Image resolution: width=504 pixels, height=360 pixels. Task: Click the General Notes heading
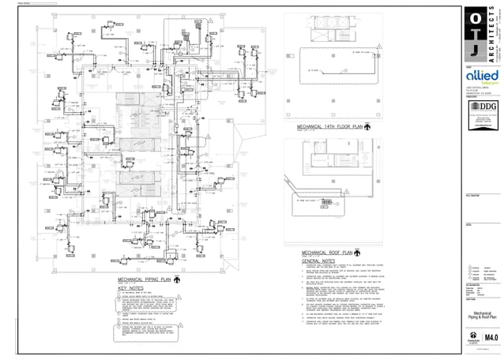coord(318,261)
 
